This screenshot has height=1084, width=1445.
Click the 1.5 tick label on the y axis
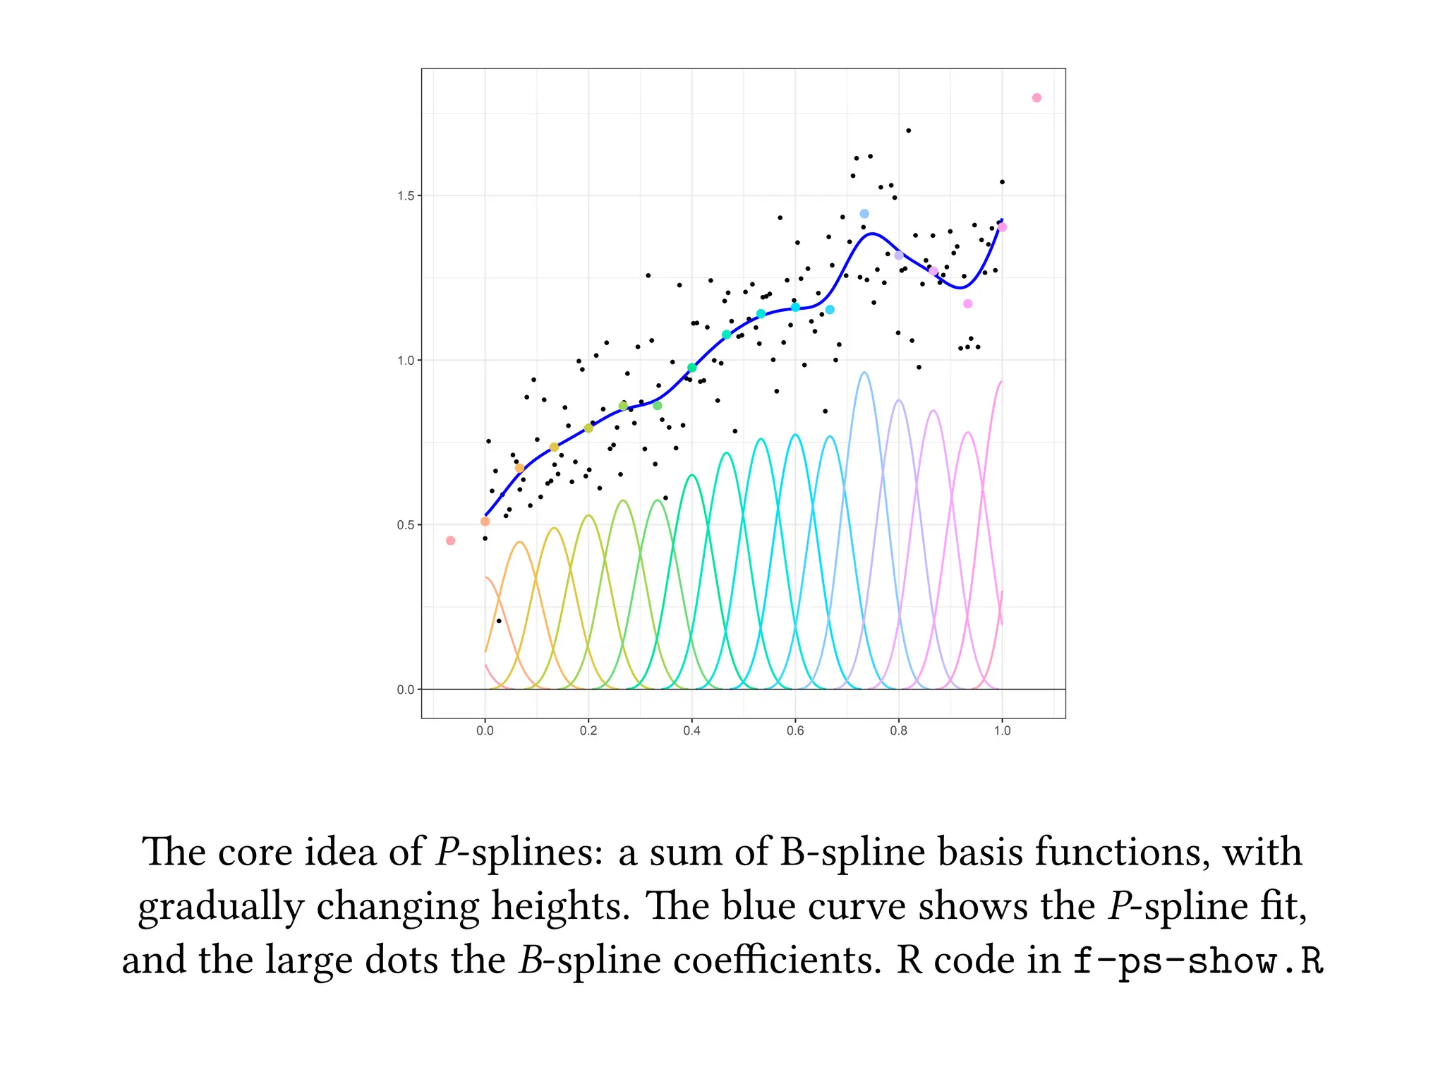(x=405, y=195)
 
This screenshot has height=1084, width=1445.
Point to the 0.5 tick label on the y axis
(x=405, y=525)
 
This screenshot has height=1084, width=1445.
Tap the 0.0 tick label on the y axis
(x=405, y=689)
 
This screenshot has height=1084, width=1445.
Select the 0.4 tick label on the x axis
(x=691, y=731)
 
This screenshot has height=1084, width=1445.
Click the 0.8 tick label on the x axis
(x=898, y=731)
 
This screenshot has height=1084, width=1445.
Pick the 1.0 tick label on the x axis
(x=1002, y=731)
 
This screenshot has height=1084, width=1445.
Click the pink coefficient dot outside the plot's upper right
(x=1036, y=98)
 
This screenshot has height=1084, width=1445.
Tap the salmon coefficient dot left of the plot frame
(x=451, y=541)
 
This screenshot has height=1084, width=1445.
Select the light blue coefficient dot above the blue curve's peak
(x=864, y=214)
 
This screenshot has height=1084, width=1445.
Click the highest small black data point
(x=908, y=131)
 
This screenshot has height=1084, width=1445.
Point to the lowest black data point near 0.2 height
(x=499, y=621)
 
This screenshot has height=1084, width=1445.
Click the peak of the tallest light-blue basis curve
(x=864, y=373)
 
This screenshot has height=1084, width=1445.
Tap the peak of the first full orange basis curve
(x=520, y=542)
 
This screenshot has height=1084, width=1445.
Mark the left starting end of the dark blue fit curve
(x=485, y=516)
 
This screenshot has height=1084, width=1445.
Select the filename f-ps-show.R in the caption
(x=1197, y=961)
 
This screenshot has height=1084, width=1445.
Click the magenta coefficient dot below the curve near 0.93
(x=968, y=303)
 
